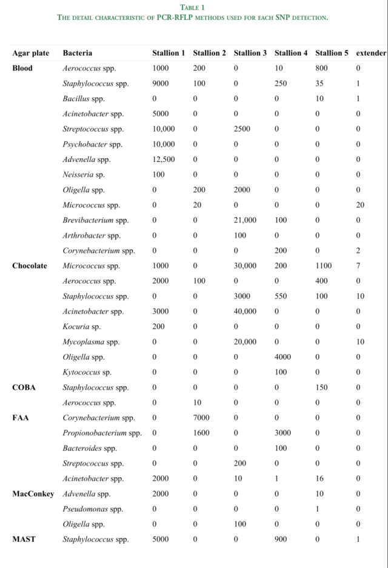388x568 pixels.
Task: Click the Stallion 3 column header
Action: (x=250, y=53)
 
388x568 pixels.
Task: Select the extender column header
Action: (x=371, y=53)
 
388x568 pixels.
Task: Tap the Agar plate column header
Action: (x=31, y=53)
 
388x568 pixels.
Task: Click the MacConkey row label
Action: (x=33, y=494)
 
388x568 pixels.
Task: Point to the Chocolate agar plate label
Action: (x=30, y=266)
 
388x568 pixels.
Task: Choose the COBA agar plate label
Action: (x=24, y=387)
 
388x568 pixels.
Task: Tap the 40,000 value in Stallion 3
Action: (x=246, y=311)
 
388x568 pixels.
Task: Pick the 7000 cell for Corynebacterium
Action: (x=201, y=418)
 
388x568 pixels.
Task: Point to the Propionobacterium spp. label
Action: (x=102, y=433)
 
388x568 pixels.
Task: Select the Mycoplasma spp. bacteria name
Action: (x=91, y=342)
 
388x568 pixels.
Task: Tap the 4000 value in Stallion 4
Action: (x=283, y=357)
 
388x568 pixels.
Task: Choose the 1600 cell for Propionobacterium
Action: (x=201, y=433)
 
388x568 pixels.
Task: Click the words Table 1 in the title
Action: (x=193, y=7)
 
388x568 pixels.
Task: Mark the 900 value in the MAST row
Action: (x=280, y=540)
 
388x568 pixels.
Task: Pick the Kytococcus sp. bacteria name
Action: (x=87, y=372)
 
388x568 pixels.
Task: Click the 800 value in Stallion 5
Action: (x=321, y=68)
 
